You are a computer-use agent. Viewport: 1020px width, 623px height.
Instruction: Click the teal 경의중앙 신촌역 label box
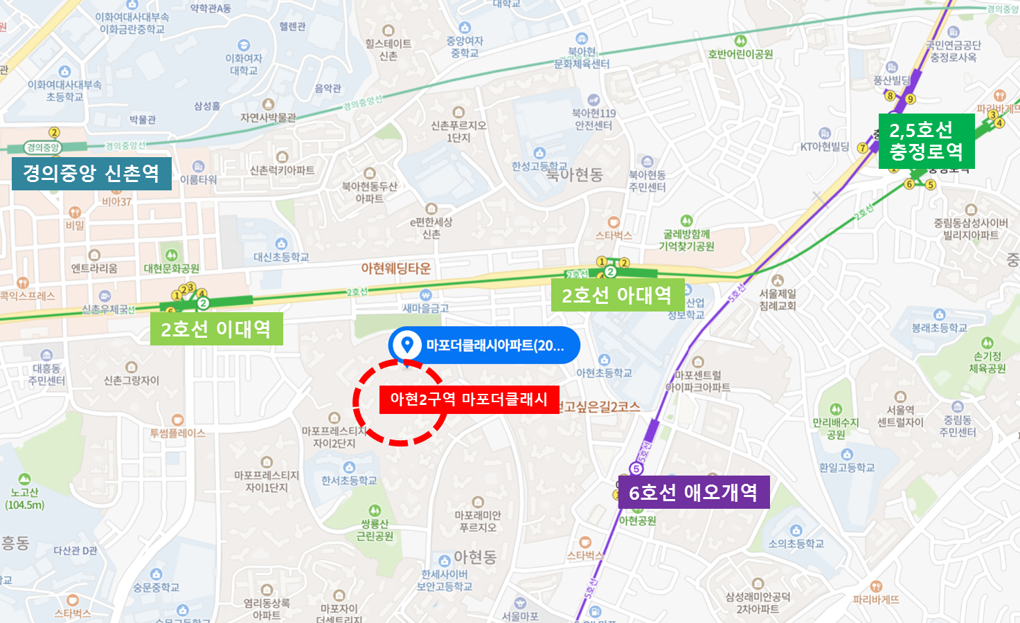click(x=91, y=173)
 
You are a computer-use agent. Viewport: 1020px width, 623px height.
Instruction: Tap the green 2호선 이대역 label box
click(x=216, y=329)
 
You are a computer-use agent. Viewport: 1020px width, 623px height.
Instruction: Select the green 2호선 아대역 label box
click(x=617, y=296)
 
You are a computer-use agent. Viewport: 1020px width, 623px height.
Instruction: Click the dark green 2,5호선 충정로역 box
click(x=926, y=141)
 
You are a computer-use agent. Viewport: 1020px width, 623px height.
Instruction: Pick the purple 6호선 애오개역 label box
click(x=693, y=492)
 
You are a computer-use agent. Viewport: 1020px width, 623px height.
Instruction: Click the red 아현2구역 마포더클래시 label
click(x=469, y=399)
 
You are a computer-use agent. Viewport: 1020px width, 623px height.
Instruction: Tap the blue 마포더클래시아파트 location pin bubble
click(x=484, y=345)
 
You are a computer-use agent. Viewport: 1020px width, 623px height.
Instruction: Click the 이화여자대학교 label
click(x=244, y=64)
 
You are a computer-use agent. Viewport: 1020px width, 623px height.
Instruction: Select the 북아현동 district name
click(x=574, y=174)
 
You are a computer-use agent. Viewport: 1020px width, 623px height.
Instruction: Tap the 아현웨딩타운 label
click(x=395, y=269)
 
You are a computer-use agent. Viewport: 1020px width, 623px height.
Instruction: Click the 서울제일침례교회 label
click(x=778, y=299)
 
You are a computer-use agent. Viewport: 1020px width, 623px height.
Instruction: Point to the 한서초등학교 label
click(x=349, y=480)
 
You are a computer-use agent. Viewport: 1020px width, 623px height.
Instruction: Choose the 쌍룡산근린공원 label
click(x=375, y=530)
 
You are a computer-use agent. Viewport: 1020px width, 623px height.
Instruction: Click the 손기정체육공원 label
click(x=987, y=361)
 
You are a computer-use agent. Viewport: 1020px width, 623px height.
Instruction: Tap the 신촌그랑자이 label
click(x=132, y=380)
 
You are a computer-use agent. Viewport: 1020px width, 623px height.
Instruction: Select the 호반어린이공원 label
click(x=740, y=54)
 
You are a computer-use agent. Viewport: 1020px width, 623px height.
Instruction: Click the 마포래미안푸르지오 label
click(x=478, y=521)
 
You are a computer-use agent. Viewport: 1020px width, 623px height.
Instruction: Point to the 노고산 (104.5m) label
click(x=25, y=498)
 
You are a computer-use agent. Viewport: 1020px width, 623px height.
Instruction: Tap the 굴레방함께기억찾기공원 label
click(x=686, y=240)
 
